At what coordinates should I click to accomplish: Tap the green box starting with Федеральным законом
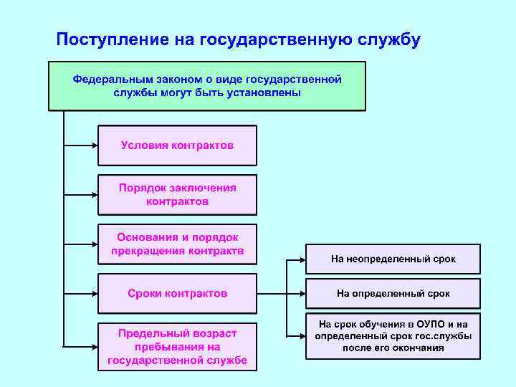tap(206, 86)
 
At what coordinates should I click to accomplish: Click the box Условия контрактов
tap(177, 145)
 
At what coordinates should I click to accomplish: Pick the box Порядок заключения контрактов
tap(177, 195)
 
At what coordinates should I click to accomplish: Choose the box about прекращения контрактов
tap(177, 244)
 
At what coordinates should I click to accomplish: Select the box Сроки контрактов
tap(177, 293)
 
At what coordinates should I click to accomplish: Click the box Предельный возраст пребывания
tap(177, 346)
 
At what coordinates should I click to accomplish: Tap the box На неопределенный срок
tap(393, 259)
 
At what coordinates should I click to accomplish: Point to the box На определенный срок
tap(393, 294)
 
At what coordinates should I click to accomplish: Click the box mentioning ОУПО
tap(393, 336)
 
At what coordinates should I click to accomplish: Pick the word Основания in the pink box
tap(144, 236)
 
